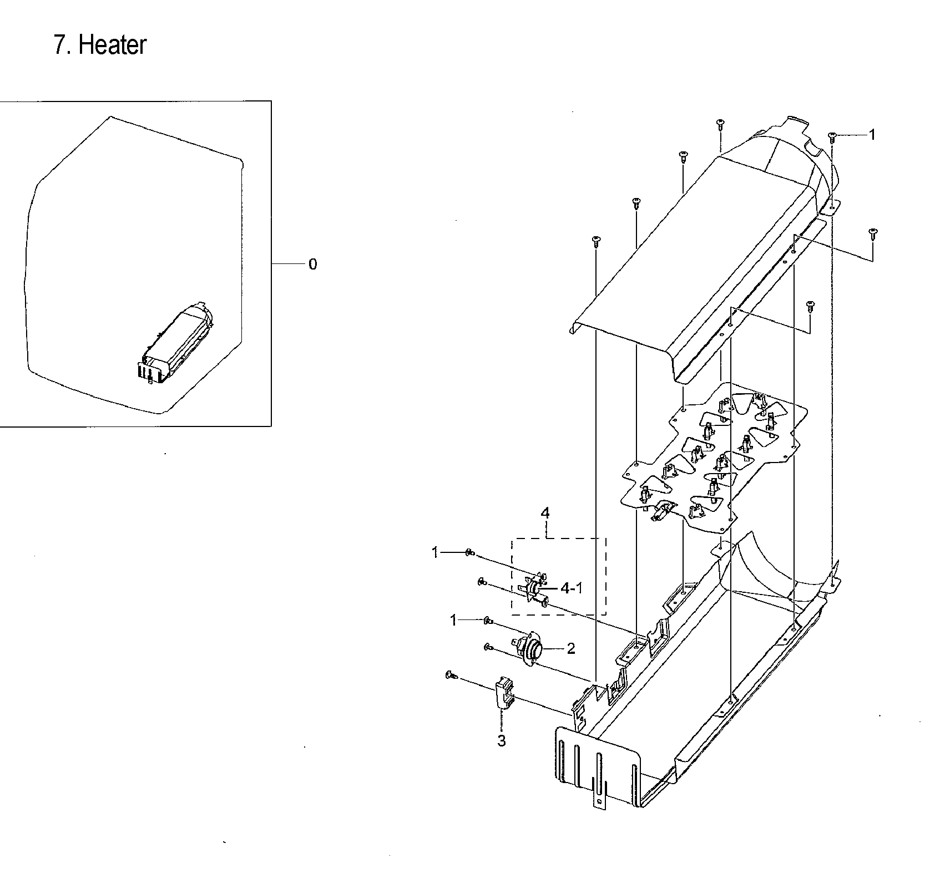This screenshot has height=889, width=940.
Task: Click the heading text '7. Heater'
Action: point(100,45)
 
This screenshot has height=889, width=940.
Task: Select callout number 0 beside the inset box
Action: point(312,265)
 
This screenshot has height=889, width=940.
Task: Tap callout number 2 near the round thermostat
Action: point(570,648)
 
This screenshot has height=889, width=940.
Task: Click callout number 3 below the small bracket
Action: point(501,741)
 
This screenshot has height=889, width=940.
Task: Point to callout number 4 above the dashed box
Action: point(545,513)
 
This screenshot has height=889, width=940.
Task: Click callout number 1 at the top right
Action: point(872,135)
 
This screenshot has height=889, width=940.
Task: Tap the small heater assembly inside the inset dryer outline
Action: point(176,344)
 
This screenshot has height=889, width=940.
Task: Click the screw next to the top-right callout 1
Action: point(832,136)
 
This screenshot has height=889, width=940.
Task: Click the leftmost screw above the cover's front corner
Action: point(596,241)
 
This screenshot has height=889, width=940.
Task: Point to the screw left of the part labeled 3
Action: point(451,675)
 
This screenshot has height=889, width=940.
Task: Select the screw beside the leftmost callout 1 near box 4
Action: point(469,552)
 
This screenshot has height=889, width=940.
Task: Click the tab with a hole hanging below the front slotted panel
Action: point(599,796)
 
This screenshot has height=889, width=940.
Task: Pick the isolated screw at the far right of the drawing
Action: point(872,233)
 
